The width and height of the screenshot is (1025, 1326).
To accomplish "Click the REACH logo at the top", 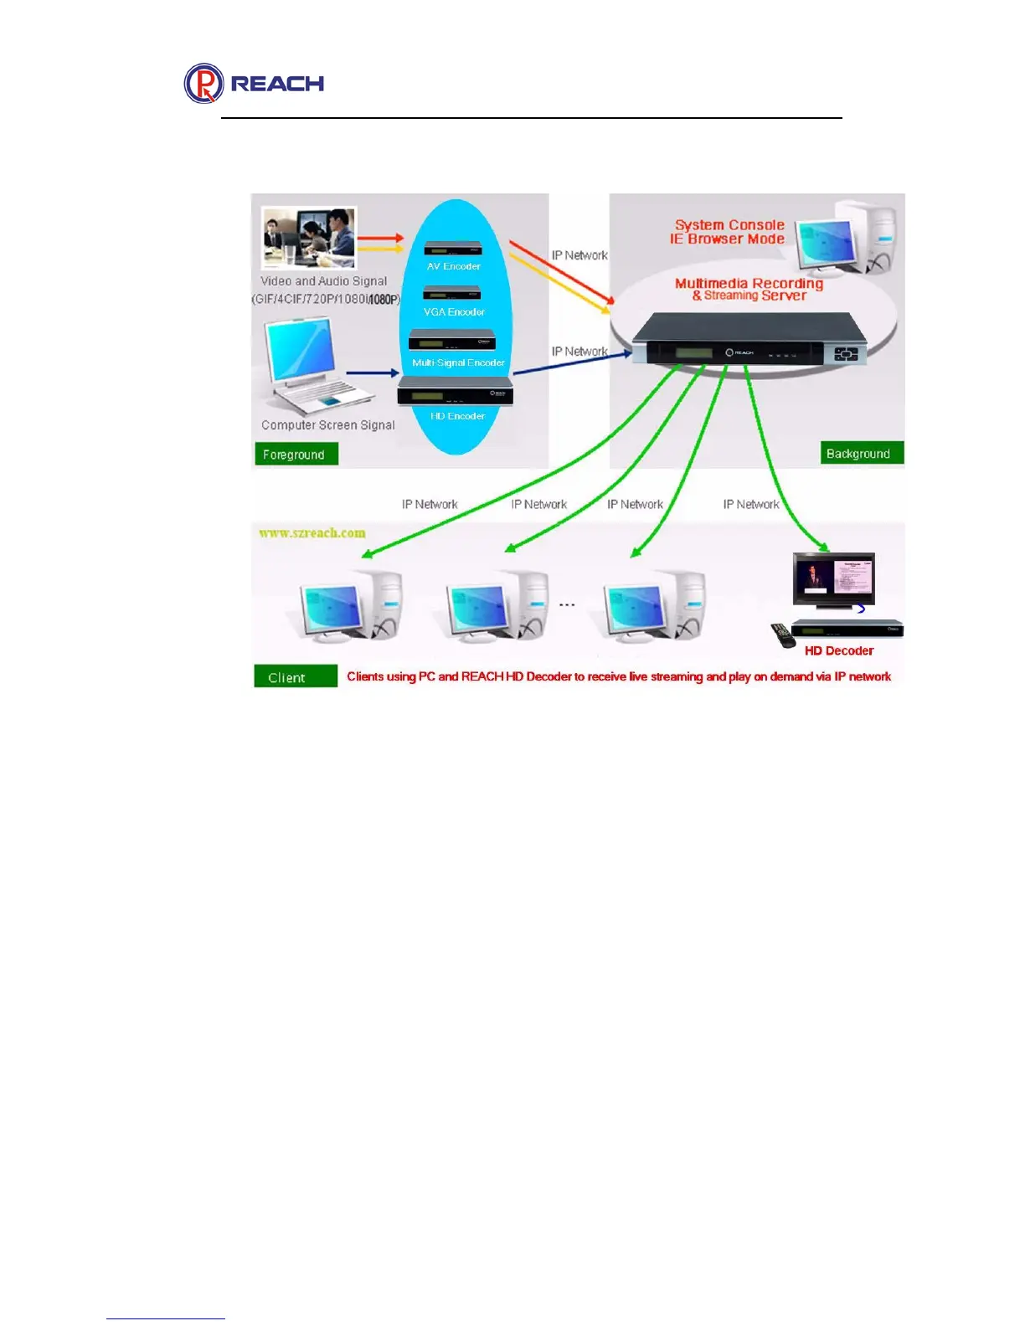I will [254, 84].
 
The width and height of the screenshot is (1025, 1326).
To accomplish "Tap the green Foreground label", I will [296, 454].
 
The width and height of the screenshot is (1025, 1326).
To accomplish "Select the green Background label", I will [862, 453].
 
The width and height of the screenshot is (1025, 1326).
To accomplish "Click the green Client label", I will [295, 676].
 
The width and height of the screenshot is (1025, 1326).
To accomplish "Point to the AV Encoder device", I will [453, 248].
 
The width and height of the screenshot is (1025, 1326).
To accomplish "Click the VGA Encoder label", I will [454, 312].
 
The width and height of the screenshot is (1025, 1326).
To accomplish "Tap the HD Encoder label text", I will [457, 416].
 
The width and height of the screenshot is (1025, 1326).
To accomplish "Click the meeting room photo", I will [309, 238].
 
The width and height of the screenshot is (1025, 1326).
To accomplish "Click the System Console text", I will [729, 225].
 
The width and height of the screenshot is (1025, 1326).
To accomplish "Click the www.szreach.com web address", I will [312, 533].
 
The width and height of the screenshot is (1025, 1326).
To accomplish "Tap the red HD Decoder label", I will [838, 650].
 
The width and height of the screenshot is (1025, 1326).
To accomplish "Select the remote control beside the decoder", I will [783, 635].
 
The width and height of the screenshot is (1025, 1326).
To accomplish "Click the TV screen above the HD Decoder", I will [833, 578].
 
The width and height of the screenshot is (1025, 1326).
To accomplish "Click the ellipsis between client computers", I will [567, 604].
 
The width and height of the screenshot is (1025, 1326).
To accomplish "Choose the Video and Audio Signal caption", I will [323, 281].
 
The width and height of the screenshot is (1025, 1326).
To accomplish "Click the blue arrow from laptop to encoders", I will [372, 373].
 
